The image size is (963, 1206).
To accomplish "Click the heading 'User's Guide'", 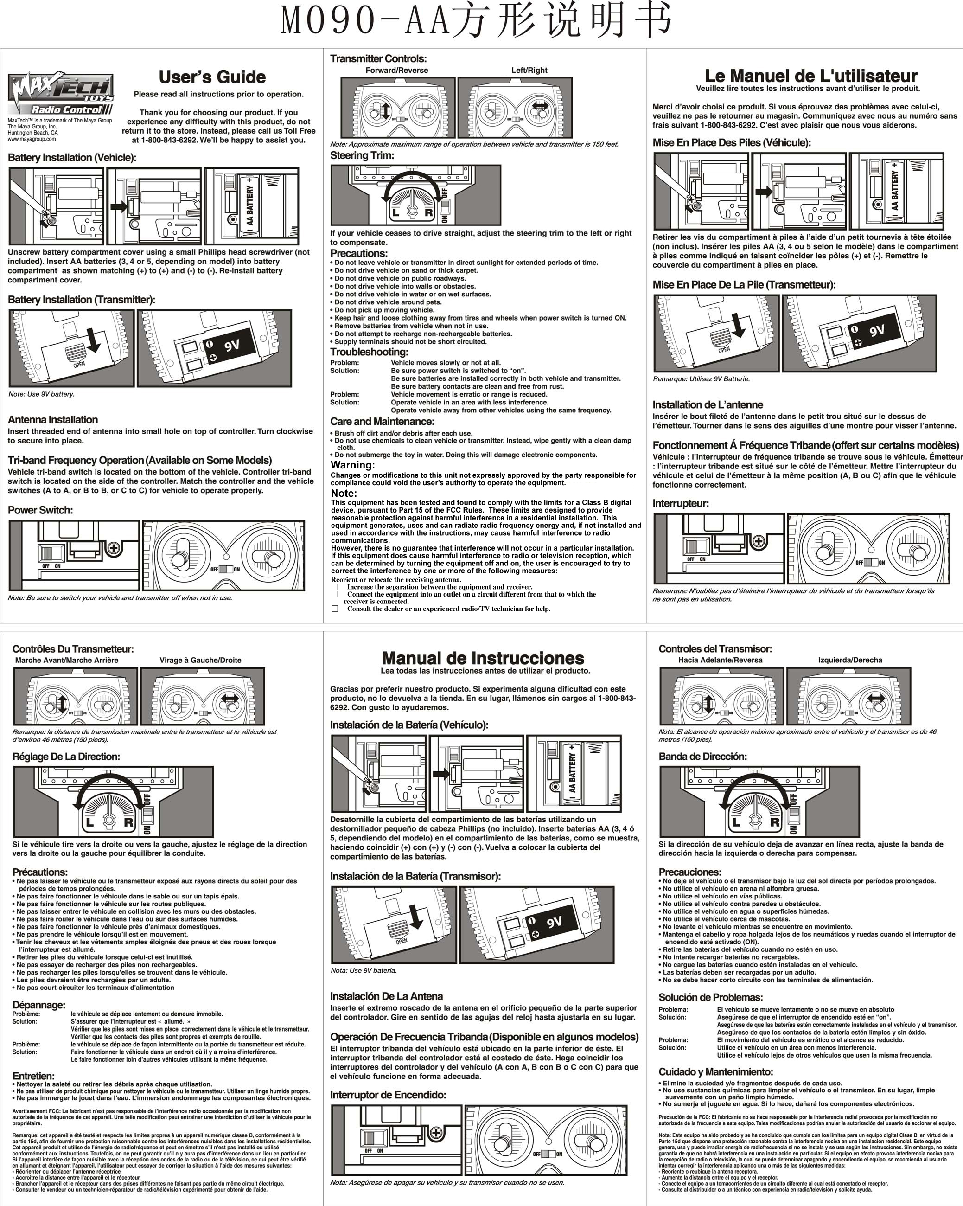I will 212,77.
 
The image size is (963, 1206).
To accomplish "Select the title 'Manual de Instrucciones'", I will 483,658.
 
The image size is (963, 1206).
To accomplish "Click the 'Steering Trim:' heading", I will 362,155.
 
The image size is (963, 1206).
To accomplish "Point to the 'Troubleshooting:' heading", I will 369,352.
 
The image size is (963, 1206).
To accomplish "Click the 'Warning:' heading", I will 352,465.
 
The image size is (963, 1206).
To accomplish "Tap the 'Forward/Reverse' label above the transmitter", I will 396,71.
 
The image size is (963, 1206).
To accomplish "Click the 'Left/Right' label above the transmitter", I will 529,71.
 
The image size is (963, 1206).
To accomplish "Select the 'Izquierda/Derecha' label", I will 849,660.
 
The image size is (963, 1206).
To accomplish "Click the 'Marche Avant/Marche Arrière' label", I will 67,660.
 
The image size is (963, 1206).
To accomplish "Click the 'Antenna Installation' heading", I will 52,419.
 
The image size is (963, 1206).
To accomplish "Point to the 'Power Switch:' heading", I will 40,510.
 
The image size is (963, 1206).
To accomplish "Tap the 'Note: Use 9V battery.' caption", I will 41,394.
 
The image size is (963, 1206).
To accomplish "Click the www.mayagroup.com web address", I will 32,139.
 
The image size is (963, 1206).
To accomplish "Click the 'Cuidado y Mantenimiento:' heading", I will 715,1072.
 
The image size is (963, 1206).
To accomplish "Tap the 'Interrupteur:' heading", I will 681,503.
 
